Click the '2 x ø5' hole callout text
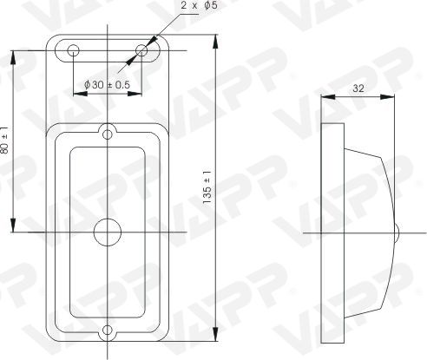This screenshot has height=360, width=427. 199,5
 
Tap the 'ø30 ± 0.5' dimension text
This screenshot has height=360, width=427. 107,85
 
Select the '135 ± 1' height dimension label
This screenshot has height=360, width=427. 207,187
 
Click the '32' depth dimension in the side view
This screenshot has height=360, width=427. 358,88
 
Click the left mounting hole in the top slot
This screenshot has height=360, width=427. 73,50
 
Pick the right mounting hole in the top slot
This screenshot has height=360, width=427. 141,50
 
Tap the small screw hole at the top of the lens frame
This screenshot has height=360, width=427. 108,134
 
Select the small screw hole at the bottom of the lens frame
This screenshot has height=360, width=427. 108,330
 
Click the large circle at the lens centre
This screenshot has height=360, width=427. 108,232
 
